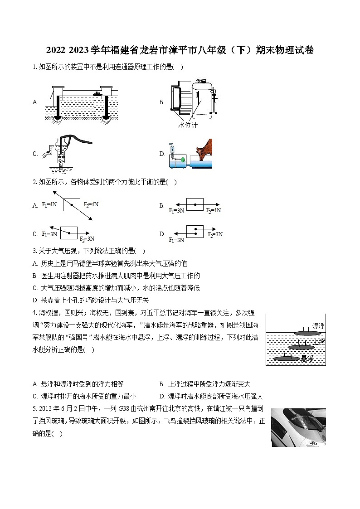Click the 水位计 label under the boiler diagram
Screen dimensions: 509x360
pyautogui.click(x=188, y=125)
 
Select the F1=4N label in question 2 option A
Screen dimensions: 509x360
pyautogui.click(x=49, y=204)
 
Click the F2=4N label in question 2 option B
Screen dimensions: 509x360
pyautogui.click(x=213, y=210)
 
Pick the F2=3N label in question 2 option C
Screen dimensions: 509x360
pyautogui.click(x=87, y=239)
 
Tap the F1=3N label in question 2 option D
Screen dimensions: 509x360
pyautogui.click(x=176, y=240)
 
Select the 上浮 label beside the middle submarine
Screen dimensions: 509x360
pyautogui.click(x=320, y=342)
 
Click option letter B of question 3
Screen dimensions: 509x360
pyautogui.click(x=35, y=276)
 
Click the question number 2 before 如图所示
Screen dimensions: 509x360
pyautogui.click(x=34, y=182)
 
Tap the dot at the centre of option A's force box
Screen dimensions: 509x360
pyautogui.click(x=71, y=205)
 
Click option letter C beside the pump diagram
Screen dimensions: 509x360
pyautogui.click(x=35, y=154)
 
